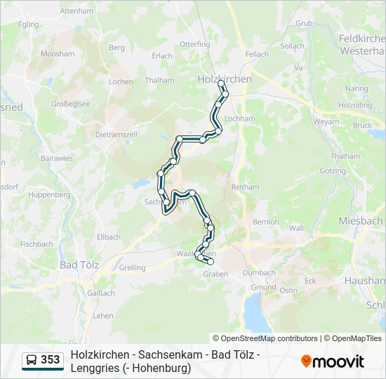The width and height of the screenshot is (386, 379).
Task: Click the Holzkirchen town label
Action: (x=225, y=79)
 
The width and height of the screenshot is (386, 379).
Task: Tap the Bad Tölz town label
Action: (x=79, y=265)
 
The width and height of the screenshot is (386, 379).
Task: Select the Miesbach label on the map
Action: (x=360, y=220)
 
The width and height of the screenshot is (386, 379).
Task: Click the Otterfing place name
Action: (x=194, y=44)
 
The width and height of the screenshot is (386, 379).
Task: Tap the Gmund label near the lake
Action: (x=263, y=288)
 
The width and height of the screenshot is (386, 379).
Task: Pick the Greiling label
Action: (x=132, y=267)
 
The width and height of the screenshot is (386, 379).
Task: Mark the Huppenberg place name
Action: (x=49, y=194)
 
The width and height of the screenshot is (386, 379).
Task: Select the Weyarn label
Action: (x=326, y=121)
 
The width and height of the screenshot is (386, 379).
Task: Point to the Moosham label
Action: (x=58, y=53)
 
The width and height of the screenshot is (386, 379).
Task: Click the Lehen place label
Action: (x=103, y=316)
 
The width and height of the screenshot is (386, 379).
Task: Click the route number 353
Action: (x=51, y=360)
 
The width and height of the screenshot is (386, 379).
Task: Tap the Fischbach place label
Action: (x=36, y=244)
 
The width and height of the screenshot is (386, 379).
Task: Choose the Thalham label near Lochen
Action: (x=160, y=81)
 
